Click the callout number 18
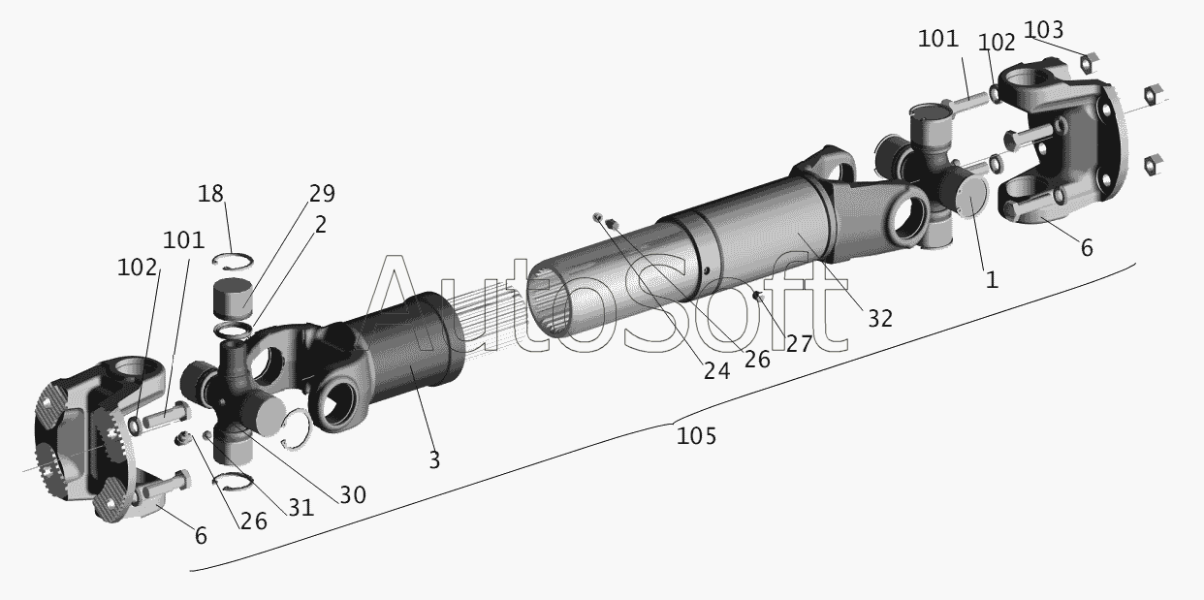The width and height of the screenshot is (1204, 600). point(210,194)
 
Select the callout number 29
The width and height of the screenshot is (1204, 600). point(322,194)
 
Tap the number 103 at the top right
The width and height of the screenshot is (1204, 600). point(1043,30)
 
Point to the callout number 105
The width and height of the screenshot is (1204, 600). point(696,436)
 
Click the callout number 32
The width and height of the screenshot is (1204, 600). point(880,319)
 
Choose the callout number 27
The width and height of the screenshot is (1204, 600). point(799,344)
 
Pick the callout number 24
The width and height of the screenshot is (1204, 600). point(717,371)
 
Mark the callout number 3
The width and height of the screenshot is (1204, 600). point(434,460)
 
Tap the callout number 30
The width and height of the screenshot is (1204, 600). point(353,495)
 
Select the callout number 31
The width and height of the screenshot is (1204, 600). point(301,508)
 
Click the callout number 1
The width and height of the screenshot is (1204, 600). point(992,280)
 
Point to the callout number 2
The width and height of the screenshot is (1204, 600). point(321,225)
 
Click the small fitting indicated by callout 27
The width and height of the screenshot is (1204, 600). point(759,296)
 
